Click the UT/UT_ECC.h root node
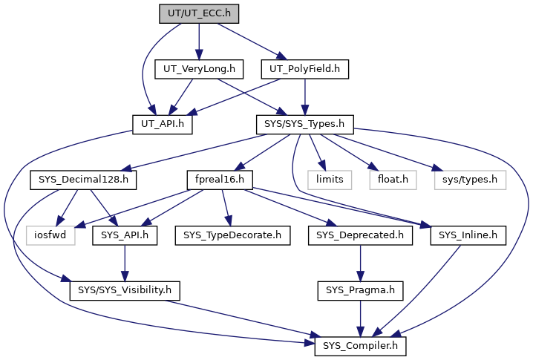click(199, 14)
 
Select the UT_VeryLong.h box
click(199, 69)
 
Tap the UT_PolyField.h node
click(304, 69)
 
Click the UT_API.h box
click(163, 125)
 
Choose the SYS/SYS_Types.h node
click(304, 125)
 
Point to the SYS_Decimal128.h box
click(83, 180)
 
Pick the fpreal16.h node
click(220, 180)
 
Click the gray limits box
click(330, 180)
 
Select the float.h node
click(393, 180)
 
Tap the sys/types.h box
click(470, 180)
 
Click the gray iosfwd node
click(50, 235)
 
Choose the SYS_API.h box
click(125, 235)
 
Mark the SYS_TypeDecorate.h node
click(232, 235)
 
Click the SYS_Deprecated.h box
click(360, 235)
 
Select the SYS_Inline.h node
click(468, 235)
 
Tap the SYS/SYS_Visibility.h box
click(125, 291)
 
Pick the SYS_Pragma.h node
click(360, 291)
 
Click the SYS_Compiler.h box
click(360, 346)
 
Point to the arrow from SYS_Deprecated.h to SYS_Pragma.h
click(360, 263)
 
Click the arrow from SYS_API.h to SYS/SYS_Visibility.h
click(125, 263)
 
